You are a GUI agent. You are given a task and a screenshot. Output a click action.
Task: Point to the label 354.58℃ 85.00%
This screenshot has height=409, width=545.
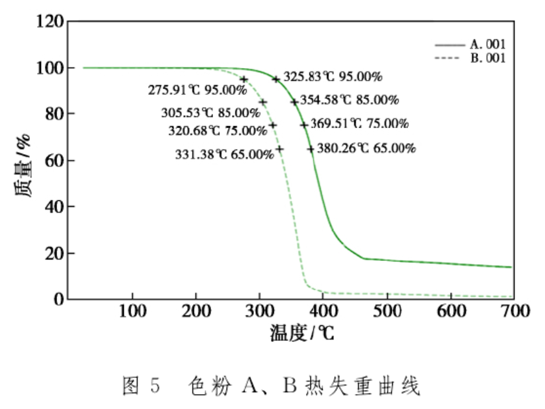(x=349, y=100)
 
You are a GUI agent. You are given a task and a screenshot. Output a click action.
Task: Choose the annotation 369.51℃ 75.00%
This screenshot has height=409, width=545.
(x=359, y=124)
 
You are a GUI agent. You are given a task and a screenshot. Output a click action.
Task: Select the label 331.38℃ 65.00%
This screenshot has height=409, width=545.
(x=225, y=154)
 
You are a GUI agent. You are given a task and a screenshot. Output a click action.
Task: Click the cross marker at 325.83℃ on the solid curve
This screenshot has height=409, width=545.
(x=276, y=79)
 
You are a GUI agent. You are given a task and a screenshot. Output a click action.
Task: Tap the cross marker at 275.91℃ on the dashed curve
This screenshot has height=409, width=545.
(x=244, y=79)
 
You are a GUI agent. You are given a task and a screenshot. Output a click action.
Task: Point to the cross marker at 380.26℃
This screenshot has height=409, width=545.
(x=311, y=149)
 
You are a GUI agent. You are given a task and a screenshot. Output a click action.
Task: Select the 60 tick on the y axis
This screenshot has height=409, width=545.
(x=56, y=161)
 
